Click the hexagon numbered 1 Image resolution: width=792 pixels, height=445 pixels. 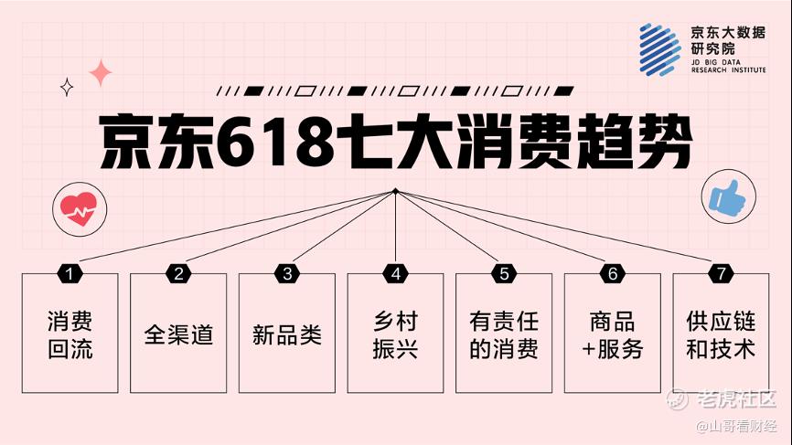[70, 274]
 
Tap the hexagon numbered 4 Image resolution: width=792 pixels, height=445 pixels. [395, 274]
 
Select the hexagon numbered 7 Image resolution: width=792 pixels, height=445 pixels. [721, 274]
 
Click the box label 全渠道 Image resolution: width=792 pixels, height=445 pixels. [178, 334]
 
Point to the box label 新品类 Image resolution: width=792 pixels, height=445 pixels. [287, 334]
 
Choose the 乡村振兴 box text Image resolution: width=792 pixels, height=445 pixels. [395, 335]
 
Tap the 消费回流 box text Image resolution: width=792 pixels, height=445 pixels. [70, 335]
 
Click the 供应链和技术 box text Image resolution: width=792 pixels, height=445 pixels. [721, 335]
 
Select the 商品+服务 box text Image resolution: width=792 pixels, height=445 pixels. [612, 335]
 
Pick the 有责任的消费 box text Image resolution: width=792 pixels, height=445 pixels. [504, 335]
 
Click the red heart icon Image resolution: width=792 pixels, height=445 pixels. [79, 209]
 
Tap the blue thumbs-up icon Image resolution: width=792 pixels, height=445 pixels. [727, 196]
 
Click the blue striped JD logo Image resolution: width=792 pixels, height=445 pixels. [659, 50]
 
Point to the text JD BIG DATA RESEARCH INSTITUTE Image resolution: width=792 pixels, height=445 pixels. [728, 66]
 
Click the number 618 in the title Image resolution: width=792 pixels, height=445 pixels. [276, 143]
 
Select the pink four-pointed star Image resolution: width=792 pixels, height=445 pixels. [101, 73]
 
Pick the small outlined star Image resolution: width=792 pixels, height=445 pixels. [67, 88]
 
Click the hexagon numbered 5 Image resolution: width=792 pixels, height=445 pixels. [504, 274]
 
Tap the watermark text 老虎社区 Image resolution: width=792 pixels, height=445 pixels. [736, 398]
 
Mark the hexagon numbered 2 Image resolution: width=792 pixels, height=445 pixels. [178, 274]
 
